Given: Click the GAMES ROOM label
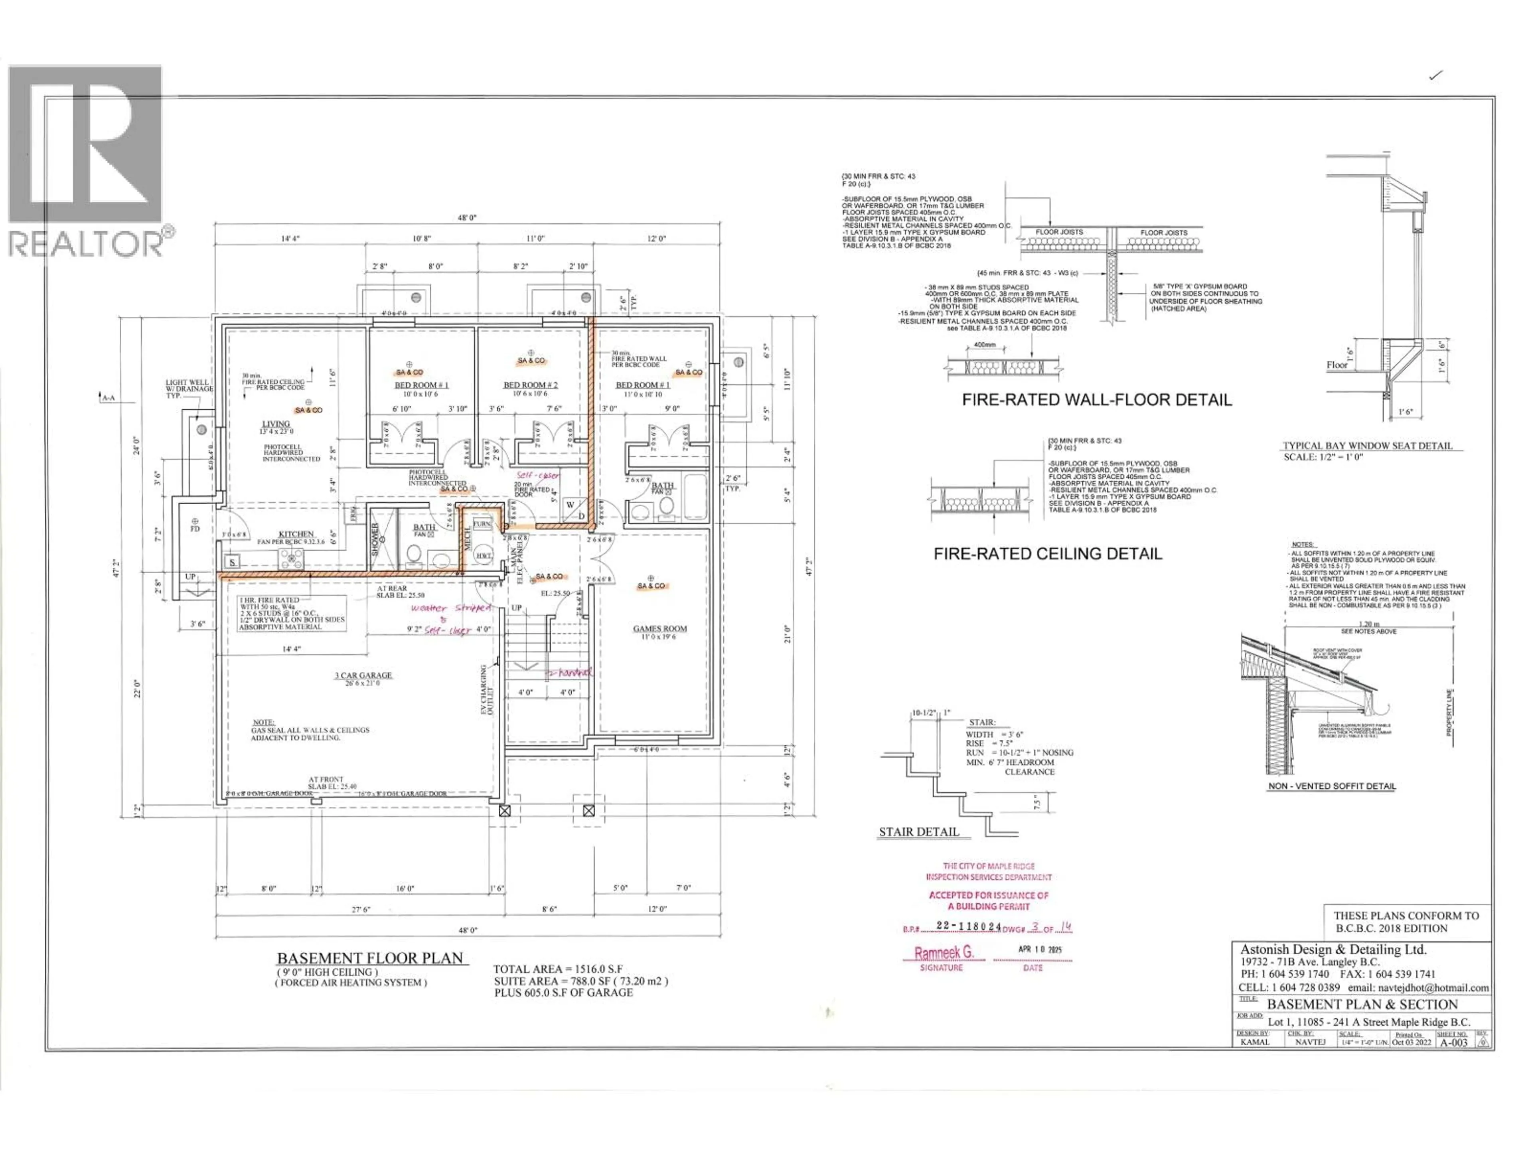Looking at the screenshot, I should coord(659,629).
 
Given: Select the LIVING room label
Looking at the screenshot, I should coord(276,424).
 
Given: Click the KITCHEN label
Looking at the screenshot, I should coord(296,534).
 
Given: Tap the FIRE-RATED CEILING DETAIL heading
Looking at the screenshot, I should coord(1047,553).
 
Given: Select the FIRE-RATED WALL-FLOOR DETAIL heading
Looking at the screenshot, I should coord(1096,400).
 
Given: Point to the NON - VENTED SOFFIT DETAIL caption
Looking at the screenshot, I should coord(1331,786).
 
